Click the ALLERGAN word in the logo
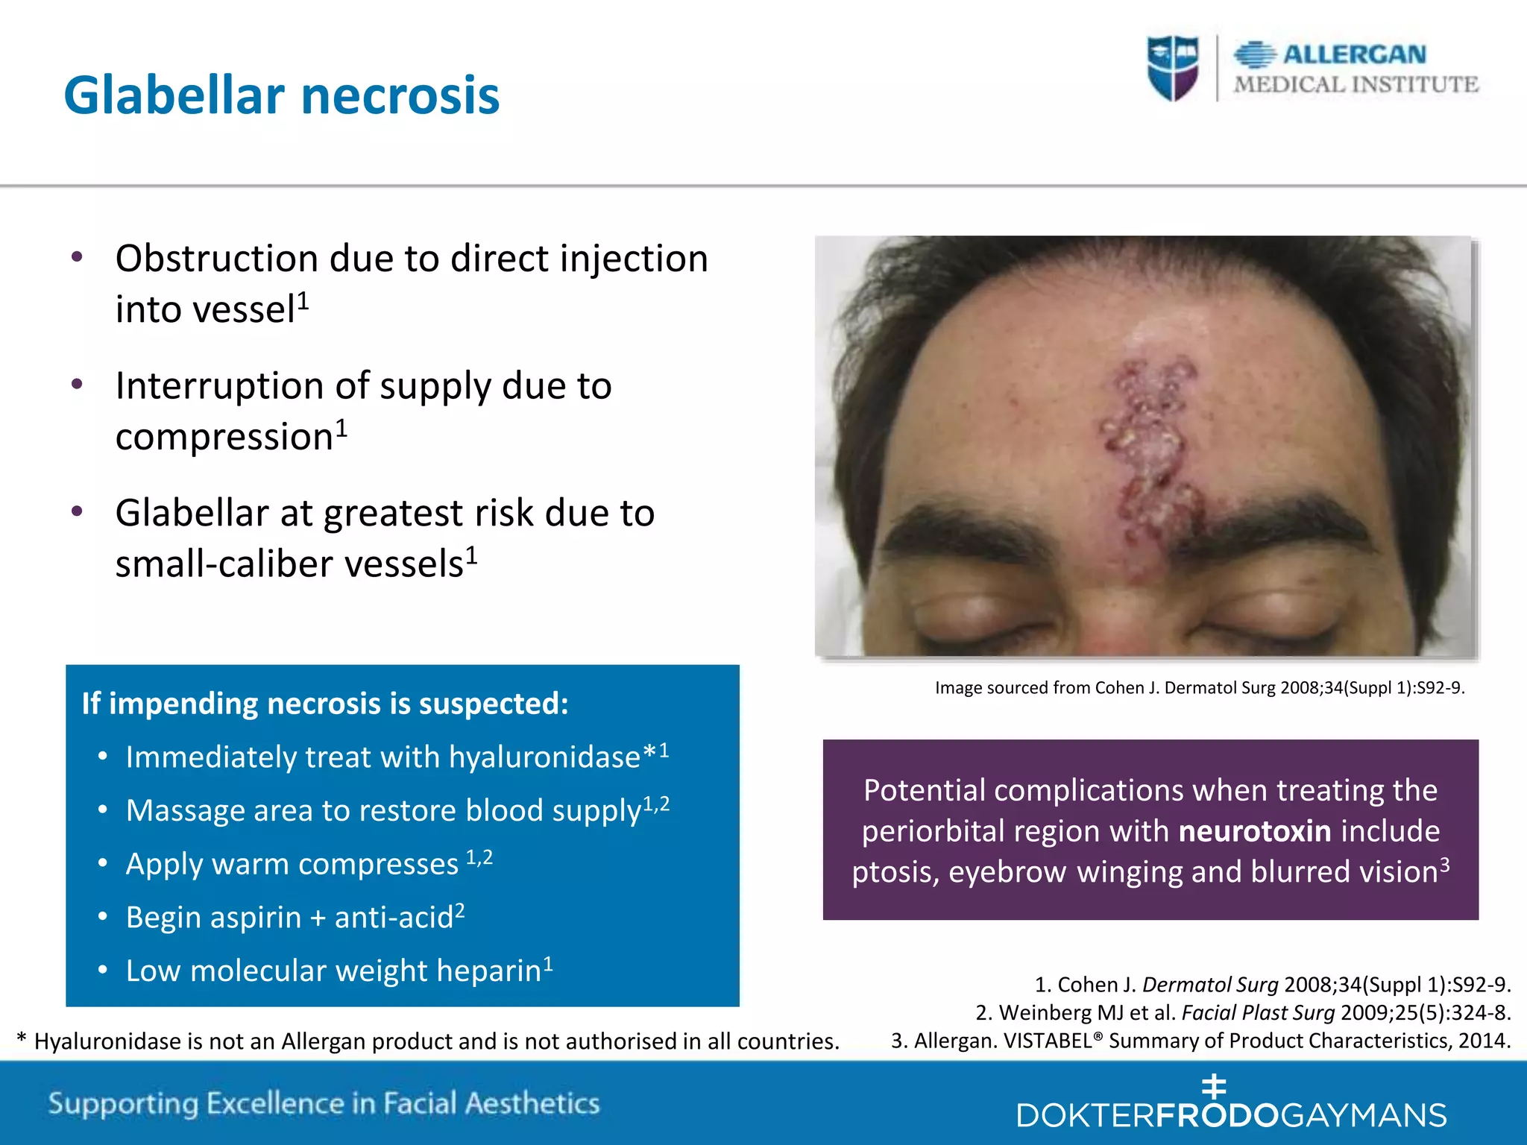(1354, 54)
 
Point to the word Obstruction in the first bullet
(216, 259)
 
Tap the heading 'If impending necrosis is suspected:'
(325, 704)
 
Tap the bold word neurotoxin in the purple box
(1255, 830)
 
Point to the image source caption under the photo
(1200, 687)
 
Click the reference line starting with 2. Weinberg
(1243, 1012)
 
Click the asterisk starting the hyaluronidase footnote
(22, 1039)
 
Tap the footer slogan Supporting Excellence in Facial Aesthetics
(324, 1103)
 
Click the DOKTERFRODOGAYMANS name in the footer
(1231, 1115)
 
